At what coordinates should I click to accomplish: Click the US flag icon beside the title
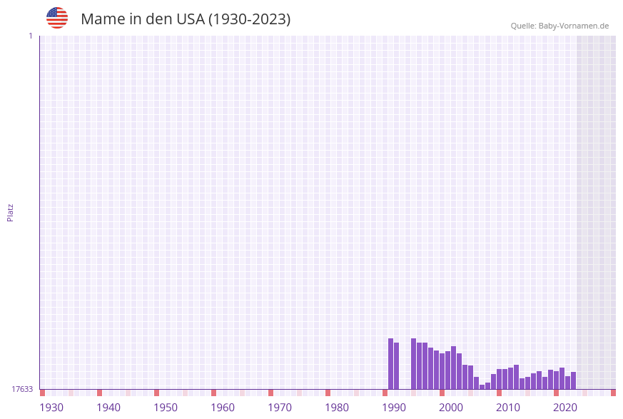coord(57,18)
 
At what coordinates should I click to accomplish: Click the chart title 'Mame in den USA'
coord(186,19)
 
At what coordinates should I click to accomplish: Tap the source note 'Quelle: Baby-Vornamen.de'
coord(559,26)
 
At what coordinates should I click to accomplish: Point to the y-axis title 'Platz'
coord(11,212)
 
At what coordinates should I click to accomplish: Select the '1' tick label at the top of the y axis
coord(30,36)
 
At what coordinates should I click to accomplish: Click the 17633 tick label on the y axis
coord(22,389)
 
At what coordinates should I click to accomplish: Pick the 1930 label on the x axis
coord(51,408)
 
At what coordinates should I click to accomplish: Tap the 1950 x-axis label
coord(166,408)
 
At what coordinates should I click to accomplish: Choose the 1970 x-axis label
coord(280,408)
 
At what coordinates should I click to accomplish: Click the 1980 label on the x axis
coord(337,408)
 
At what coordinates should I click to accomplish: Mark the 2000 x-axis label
coord(451,408)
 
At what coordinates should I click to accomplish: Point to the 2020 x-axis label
coord(565,408)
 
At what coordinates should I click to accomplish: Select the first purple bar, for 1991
coord(390,364)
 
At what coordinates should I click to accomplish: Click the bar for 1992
coord(396,366)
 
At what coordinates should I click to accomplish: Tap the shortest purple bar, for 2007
coord(482,387)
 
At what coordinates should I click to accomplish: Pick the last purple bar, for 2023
coord(573,380)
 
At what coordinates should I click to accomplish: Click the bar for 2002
coord(453,368)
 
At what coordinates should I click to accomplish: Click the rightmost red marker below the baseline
coord(613,393)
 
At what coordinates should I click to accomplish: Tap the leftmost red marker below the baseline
coord(42,393)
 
